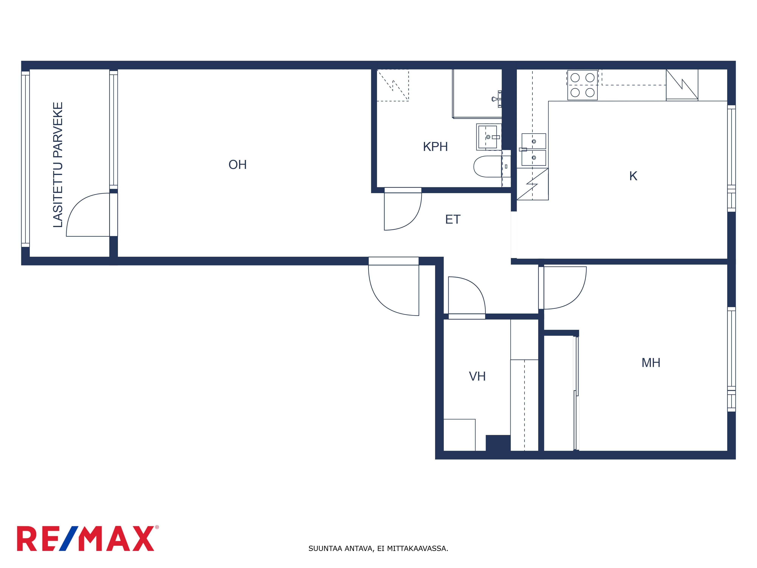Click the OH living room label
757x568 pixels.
(238, 165)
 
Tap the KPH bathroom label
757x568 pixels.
(435, 147)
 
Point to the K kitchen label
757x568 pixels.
(633, 176)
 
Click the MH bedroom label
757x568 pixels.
(651, 363)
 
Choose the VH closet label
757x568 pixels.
(477, 376)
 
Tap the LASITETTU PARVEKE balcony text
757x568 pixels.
(58, 165)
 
